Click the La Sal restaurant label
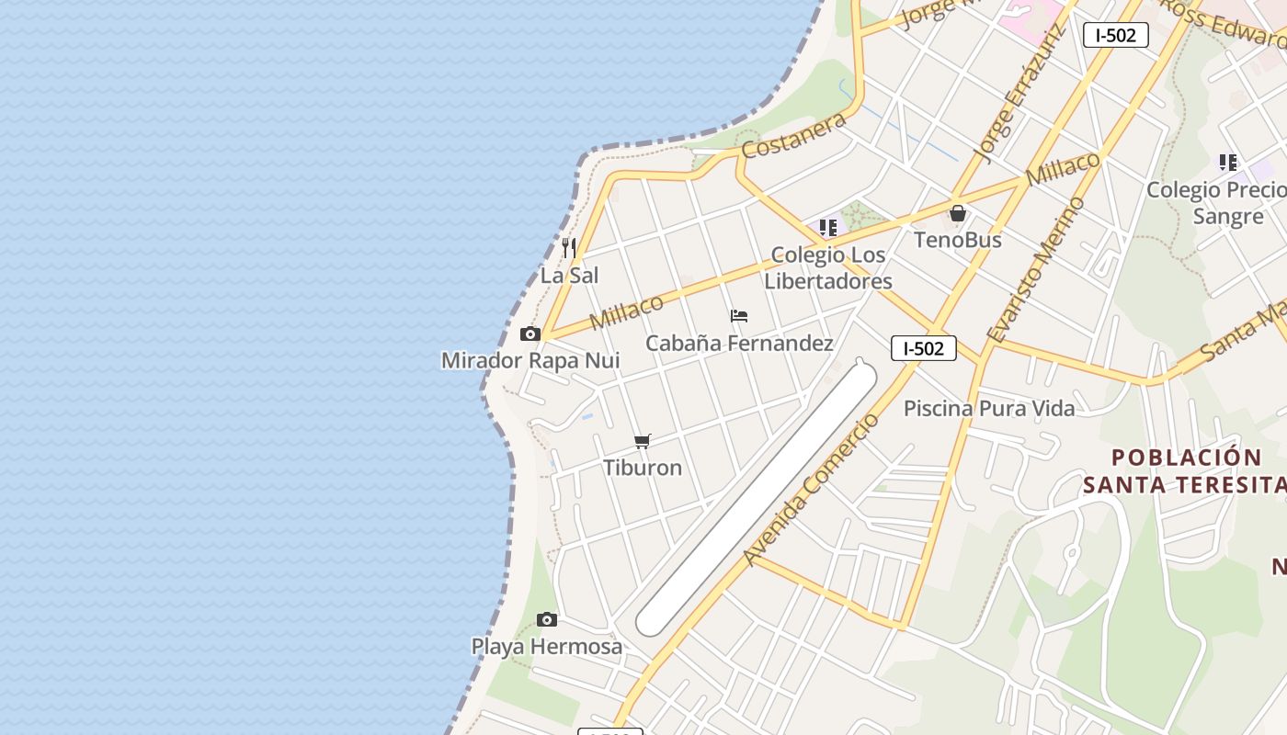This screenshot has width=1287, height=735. (x=569, y=276)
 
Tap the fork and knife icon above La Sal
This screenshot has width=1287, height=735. (x=569, y=247)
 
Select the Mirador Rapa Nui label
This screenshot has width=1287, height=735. (x=530, y=360)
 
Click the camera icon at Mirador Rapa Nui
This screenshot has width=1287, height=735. (x=530, y=334)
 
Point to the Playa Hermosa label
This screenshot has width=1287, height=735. (x=547, y=647)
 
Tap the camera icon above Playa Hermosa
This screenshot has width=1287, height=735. (x=547, y=619)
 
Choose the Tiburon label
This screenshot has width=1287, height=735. (x=643, y=468)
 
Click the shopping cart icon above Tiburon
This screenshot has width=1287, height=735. (x=643, y=442)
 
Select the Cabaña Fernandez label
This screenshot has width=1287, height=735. (x=739, y=344)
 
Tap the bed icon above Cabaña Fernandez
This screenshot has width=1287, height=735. (x=739, y=316)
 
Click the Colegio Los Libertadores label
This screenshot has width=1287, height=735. (x=828, y=268)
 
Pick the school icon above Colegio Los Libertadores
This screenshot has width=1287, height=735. (x=828, y=227)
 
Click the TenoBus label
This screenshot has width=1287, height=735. (x=958, y=240)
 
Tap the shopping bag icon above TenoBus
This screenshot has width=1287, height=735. (x=958, y=213)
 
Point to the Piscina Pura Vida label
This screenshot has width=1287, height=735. (x=989, y=408)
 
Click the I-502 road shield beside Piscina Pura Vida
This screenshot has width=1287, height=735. (x=924, y=348)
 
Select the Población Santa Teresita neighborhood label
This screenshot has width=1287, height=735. (x=1186, y=470)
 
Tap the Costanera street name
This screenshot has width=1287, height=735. (x=794, y=136)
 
